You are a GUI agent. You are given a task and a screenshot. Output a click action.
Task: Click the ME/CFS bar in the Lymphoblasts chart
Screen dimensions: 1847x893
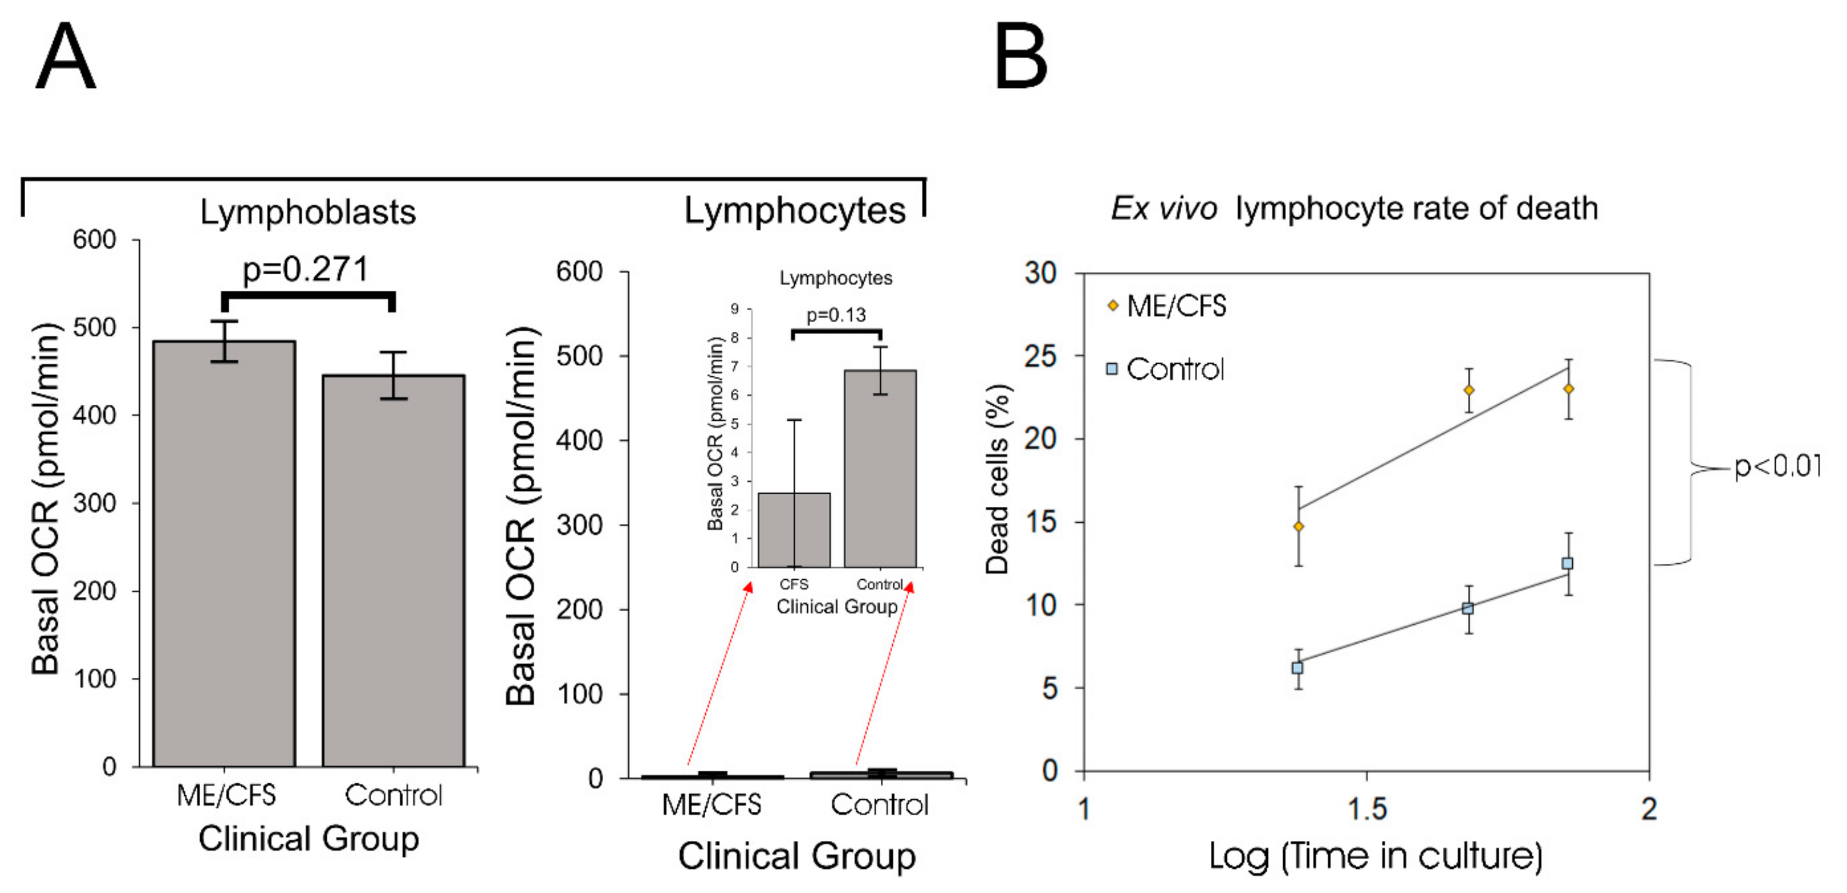click(x=224, y=553)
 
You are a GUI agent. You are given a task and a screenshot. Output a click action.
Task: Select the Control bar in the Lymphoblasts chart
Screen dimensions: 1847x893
click(x=394, y=571)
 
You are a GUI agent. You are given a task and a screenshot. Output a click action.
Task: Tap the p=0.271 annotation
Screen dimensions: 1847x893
click(x=305, y=270)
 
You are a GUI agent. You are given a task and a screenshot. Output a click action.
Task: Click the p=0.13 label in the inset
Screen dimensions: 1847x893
click(x=836, y=315)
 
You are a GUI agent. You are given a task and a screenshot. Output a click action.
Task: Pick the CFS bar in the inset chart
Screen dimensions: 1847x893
click(x=795, y=530)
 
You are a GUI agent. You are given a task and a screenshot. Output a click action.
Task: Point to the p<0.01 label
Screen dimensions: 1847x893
click(x=1777, y=467)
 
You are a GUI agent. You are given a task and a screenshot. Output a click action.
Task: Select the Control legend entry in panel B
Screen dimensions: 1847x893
click(x=1165, y=369)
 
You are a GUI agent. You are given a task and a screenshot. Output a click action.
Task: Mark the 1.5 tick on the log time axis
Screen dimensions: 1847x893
click(x=1367, y=809)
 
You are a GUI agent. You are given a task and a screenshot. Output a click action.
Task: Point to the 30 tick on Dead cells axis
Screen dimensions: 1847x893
click(x=1041, y=273)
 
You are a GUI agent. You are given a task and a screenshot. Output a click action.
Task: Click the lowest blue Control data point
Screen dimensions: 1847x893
click(x=1297, y=668)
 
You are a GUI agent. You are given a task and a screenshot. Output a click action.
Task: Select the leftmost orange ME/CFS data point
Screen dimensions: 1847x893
click(x=1299, y=527)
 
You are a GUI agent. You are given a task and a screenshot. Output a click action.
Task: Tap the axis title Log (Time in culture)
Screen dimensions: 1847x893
click(x=1375, y=856)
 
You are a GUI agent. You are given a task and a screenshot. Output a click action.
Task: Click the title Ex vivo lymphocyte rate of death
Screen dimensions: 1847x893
click(x=1353, y=209)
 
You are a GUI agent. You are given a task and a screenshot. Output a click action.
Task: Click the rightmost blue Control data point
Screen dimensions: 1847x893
click(x=1568, y=564)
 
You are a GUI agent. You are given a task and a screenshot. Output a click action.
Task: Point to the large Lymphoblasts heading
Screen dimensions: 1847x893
click(x=308, y=212)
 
